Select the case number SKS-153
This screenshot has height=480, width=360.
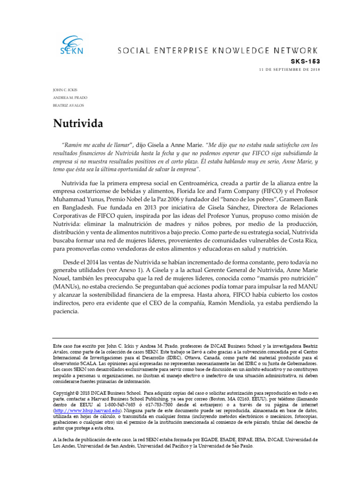(306, 61)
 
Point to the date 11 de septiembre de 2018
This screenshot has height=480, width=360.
(289, 69)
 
